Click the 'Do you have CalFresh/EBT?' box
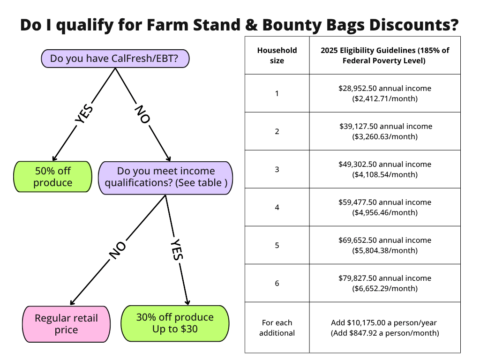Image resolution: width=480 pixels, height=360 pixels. pos(115,59)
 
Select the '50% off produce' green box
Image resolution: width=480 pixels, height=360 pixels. pos(52,177)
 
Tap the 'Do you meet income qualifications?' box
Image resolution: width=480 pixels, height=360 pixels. pos(165,177)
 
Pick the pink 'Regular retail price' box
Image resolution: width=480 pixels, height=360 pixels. pos(66,324)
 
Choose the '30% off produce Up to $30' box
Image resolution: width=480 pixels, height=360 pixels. pos(175,323)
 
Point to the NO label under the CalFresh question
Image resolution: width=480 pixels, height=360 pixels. pos(142,114)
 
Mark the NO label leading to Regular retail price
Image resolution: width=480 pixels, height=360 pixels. pos(117,251)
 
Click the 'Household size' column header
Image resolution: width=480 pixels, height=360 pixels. pos(277,55)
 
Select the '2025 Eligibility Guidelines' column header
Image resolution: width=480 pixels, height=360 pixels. pos(384,55)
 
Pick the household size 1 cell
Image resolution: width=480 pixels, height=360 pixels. pos(277,93)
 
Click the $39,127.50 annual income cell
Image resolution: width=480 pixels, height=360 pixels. pos(384,131)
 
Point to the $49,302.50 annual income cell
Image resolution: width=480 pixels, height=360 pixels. pos(384,169)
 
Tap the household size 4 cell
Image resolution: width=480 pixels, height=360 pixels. pos(277,207)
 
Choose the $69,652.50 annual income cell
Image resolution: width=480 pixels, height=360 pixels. pos(384,245)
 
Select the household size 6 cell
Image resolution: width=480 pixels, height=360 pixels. pos(277,283)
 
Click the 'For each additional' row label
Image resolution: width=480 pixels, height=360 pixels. pos(277,328)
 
